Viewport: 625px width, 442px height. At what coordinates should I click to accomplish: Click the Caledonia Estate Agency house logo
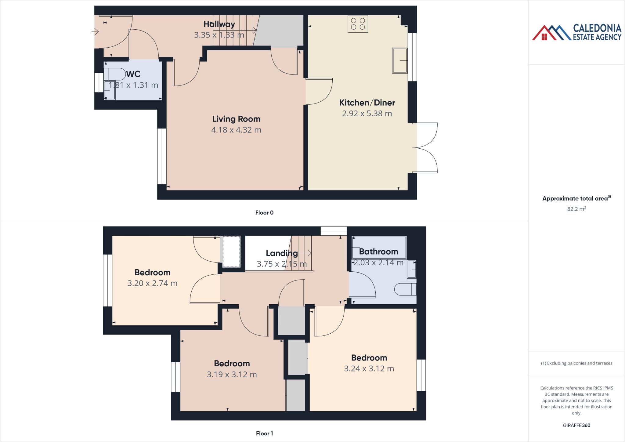[x=551, y=33]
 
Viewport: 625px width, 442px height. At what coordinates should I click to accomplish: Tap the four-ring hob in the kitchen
[x=358, y=24]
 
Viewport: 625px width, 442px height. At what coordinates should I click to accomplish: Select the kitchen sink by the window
[x=400, y=61]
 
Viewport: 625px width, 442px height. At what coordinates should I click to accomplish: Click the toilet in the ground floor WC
[x=115, y=74]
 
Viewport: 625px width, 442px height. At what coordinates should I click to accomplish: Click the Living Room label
[x=236, y=119]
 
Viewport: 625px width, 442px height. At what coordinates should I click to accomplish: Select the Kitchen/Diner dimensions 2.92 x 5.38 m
[x=367, y=114]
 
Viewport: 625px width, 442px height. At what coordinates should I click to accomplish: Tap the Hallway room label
[x=219, y=24]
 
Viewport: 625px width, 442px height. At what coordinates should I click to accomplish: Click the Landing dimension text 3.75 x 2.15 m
[x=281, y=264]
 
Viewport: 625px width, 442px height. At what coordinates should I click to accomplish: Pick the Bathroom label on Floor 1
[x=378, y=252]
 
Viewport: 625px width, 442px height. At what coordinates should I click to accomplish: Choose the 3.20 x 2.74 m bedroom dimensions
[x=152, y=283]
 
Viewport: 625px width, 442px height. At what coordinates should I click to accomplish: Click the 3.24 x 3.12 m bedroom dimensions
[x=369, y=369]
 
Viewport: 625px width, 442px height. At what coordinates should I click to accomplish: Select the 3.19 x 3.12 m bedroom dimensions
[x=232, y=375]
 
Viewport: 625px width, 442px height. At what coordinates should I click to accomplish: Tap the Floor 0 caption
[x=264, y=213]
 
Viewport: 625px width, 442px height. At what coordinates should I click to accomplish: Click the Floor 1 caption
[x=264, y=433]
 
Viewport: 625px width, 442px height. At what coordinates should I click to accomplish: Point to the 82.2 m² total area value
[x=576, y=209]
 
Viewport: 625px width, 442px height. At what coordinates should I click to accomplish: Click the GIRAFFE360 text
[x=576, y=425]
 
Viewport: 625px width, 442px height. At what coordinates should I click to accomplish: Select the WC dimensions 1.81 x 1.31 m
[x=133, y=85]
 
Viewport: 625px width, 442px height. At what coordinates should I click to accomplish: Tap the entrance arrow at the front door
[x=95, y=31]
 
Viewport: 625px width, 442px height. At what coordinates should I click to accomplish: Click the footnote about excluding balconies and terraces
[x=576, y=363]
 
